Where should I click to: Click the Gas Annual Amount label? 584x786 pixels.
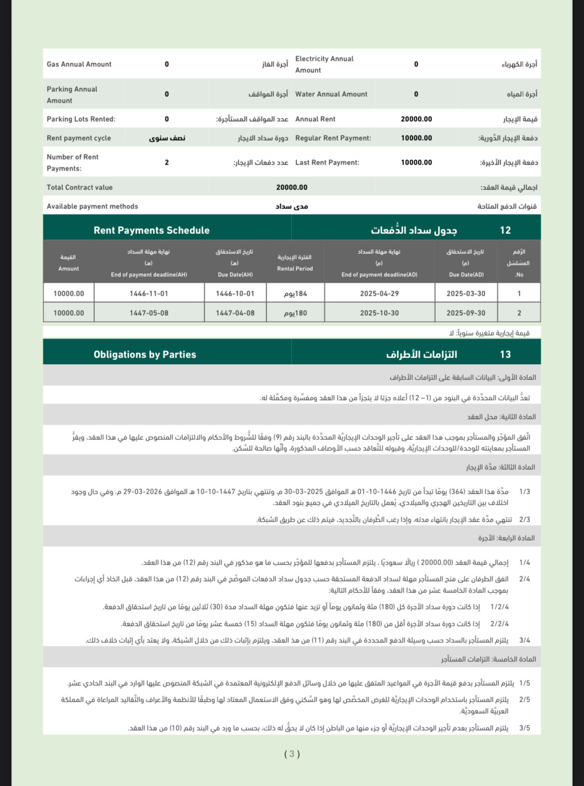coord(79,64)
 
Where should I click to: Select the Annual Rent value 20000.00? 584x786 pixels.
coord(416,119)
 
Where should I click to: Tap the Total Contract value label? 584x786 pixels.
coord(80,188)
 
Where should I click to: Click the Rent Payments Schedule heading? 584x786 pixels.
coord(151,230)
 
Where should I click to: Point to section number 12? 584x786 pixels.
coord(505,230)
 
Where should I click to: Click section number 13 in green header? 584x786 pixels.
coord(505,355)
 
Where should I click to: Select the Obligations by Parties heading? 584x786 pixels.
coord(145,355)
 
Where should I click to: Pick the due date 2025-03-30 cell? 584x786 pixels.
coord(466,294)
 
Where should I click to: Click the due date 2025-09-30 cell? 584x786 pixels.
coord(466,313)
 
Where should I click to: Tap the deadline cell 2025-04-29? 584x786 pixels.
coord(379,294)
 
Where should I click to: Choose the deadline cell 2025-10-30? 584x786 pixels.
coord(379,313)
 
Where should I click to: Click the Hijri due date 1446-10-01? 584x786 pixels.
coord(235,294)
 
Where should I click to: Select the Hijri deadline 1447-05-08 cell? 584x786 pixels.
coord(149,313)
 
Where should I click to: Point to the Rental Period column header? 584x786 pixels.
coord(295,263)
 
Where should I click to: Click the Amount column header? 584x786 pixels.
coord(68,263)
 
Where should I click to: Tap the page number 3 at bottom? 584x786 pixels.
coord(292,754)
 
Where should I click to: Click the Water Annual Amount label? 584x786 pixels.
coord(331,94)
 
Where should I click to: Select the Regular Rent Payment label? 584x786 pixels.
coord(333,138)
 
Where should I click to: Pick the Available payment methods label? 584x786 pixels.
coord(92,206)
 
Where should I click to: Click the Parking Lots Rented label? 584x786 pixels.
coord(81,119)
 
